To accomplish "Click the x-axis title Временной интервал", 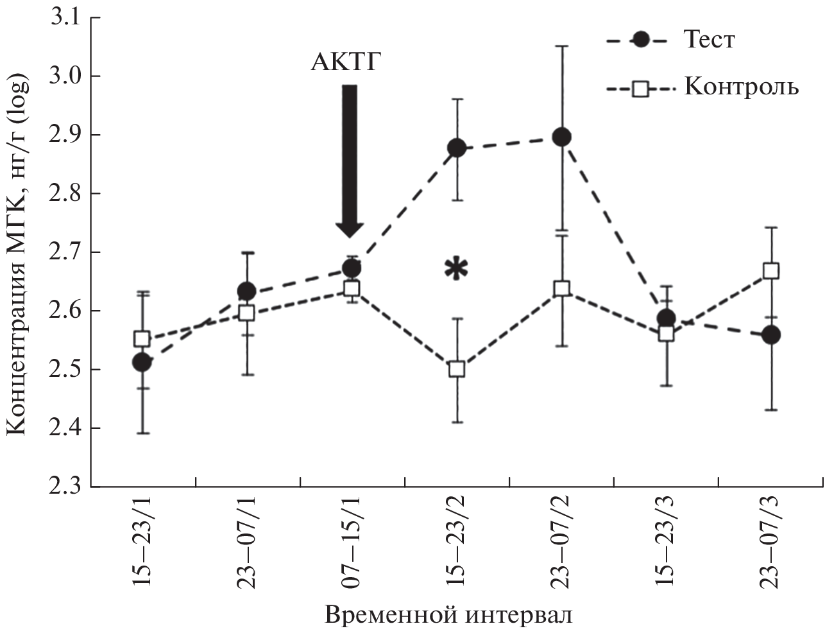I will coord(449,614).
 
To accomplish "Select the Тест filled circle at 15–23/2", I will coord(457,148).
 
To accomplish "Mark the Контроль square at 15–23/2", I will coord(457,369).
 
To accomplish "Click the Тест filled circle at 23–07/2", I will coord(562,137).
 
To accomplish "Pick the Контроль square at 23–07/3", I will coord(771,270).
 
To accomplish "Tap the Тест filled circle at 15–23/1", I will coord(142,363).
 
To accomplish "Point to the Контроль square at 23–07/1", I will coord(246,313).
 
